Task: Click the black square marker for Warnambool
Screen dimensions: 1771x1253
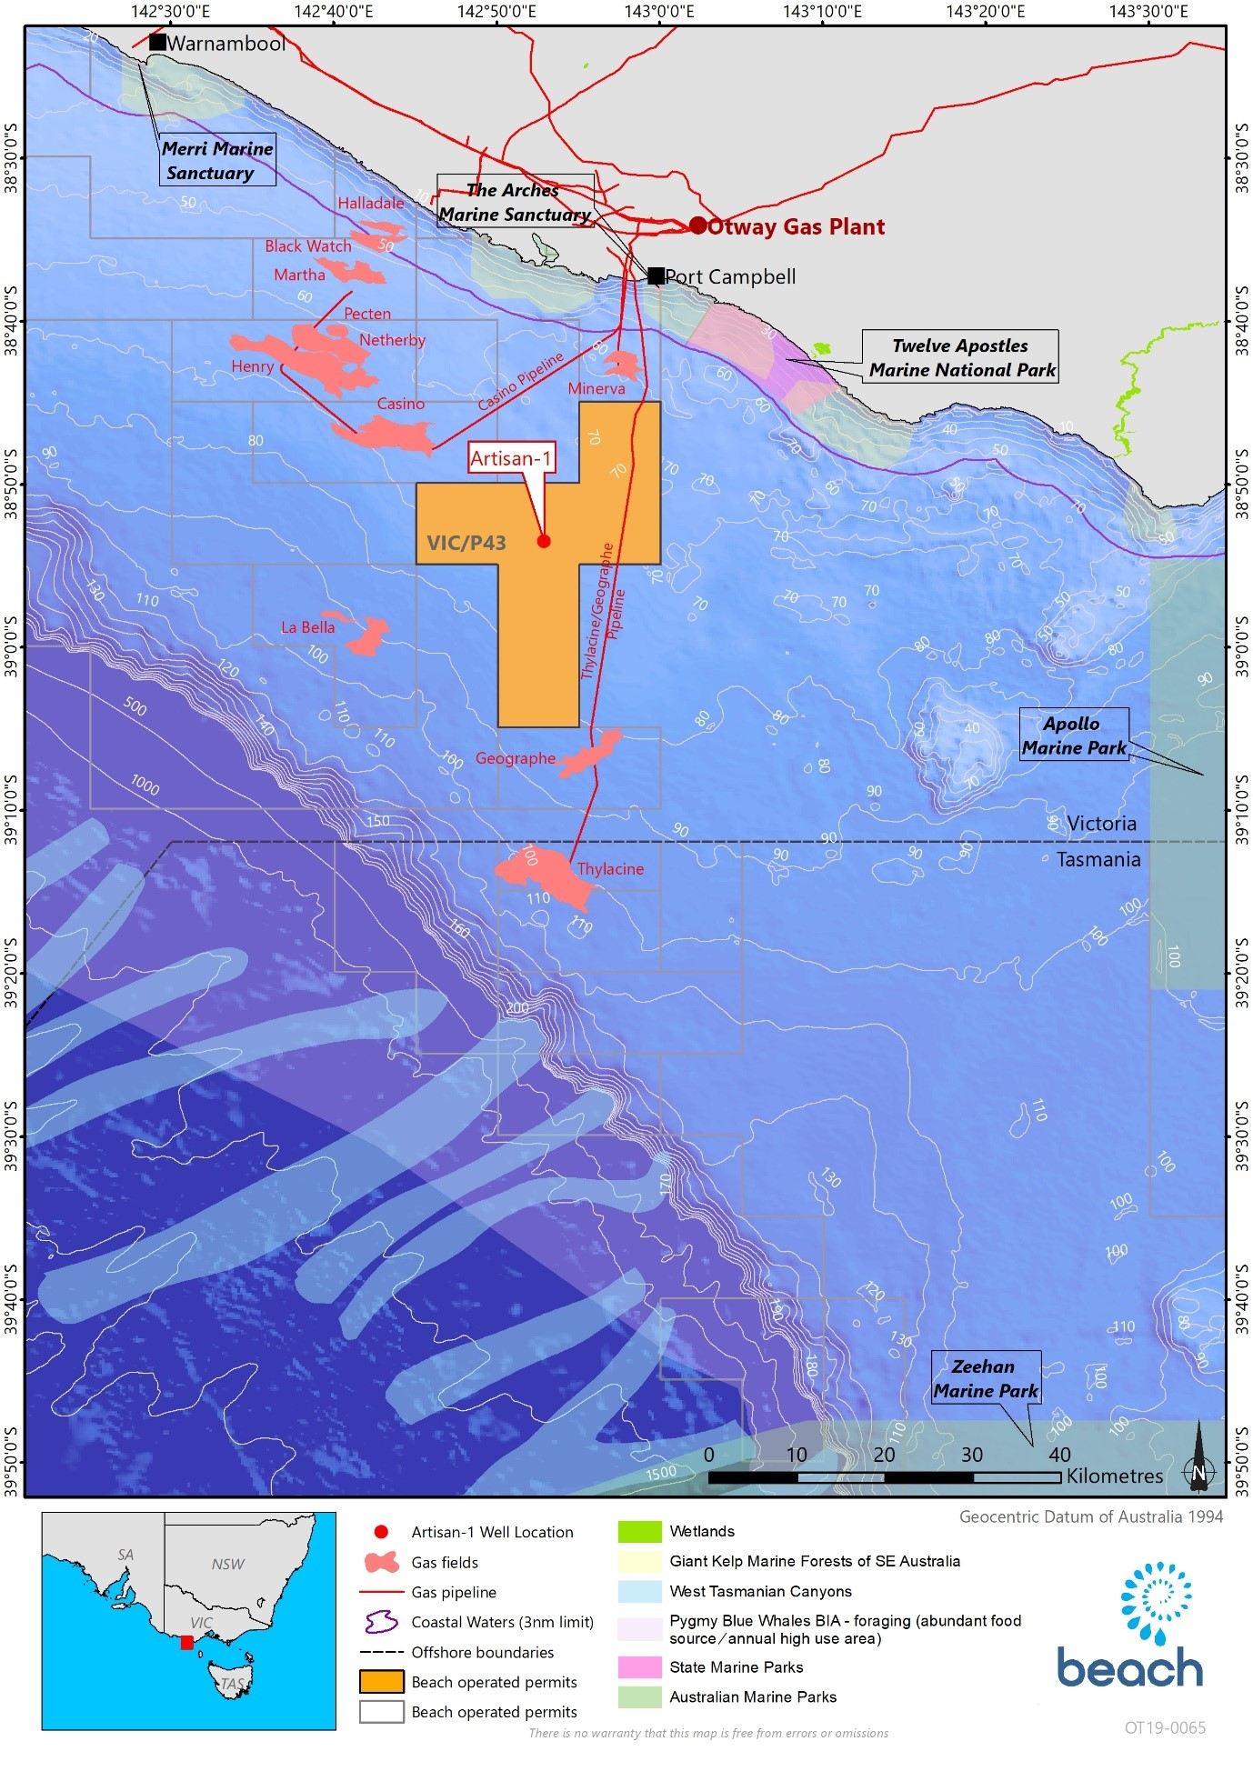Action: pyautogui.click(x=157, y=42)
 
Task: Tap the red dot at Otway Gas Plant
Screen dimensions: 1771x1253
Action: pyautogui.click(x=697, y=225)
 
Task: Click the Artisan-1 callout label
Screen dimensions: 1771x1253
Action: pyautogui.click(x=510, y=458)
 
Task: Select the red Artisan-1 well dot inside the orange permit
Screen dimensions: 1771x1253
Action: pyautogui.click(x=544, y=541)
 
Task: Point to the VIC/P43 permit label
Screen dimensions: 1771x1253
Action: pyautogui.click(x=466, y=543)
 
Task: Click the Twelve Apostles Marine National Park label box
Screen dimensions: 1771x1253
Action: pyautogui.click(x=961, y=357)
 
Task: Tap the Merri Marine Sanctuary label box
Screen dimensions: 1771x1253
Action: pyautogui.click(x=217, y=161)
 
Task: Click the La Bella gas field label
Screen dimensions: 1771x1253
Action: pyautogui.click(x=307, y=627)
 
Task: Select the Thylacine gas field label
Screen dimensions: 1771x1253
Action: pyautogui.click(x=610, y=869)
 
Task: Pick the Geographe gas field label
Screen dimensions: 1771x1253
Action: pyautogui.click(x=515, y=758)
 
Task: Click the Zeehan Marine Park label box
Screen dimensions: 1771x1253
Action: pyautogui.click(x=986, y=1378)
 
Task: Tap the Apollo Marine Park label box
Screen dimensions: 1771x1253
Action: pyautogui.click(x=1073, y=735)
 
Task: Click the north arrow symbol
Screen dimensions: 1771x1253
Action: pyautogui.click(x=1198, y=1459)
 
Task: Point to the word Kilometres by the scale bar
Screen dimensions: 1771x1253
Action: pyautogui.click(x=1114, y=1476)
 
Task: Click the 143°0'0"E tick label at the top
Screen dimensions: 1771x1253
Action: pyautogui.click(x=659, y=12)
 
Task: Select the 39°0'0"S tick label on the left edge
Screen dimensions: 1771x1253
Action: pyautogui.click(x=11, y=646)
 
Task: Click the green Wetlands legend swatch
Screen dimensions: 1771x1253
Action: pyautogui.click(x=639, y=1532)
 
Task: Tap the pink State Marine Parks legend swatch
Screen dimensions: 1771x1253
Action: pyautogui.click(x=639, y=1667)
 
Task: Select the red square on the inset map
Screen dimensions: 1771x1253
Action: pyautogui.click(x=186, y=1642)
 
